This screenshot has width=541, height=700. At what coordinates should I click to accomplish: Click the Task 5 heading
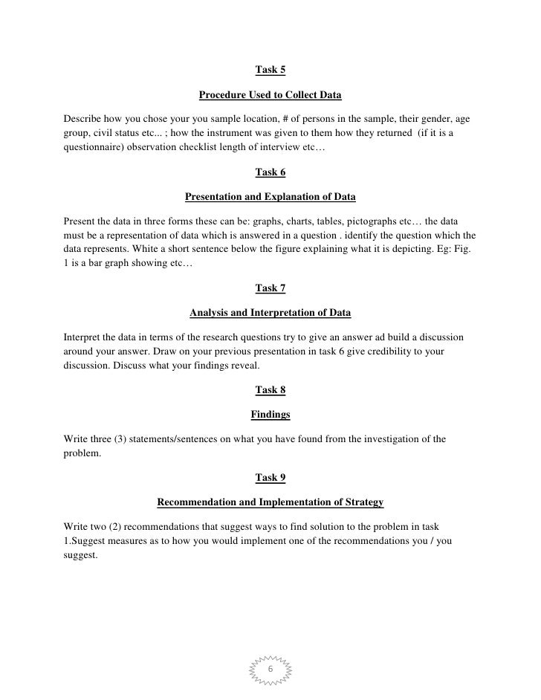(270, 70)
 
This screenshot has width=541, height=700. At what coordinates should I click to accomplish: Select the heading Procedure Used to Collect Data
(270, 96)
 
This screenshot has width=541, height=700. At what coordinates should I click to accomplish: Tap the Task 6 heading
(270, 172)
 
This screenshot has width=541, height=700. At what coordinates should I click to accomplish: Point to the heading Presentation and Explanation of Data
(270, 198)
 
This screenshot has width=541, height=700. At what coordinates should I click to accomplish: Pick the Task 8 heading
(270, 389)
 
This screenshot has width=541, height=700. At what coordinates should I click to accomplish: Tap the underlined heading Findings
(270, 414)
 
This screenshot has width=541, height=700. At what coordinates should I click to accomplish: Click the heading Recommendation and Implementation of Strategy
(270, 503)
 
